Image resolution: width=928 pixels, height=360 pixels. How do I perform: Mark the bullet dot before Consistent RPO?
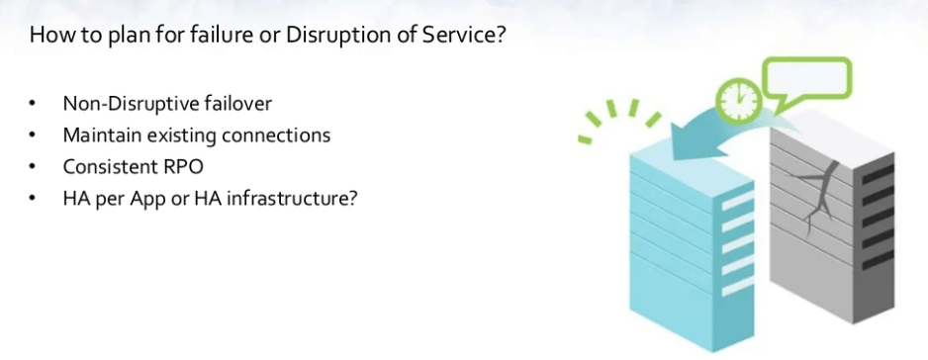coord(32,167)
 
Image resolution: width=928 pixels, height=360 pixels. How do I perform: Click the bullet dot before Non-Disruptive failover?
coord(32,104)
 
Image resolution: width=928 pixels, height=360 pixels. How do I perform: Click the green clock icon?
coord(738,100)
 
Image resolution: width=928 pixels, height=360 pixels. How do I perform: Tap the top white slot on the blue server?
coord(737,201)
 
